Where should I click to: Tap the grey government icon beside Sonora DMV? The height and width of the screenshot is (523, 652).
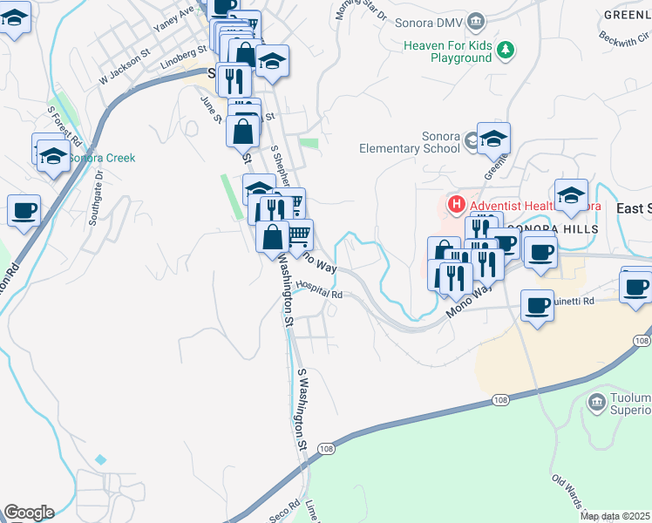click(476, 20)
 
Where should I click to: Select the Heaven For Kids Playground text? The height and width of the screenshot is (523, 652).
click(448, 51)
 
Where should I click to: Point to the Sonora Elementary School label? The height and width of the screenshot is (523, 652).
click(410, 142)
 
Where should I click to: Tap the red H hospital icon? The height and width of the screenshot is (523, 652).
click(454, 206)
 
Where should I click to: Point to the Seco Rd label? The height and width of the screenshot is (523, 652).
click(284, 511)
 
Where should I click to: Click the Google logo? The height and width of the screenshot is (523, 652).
click(28, 513)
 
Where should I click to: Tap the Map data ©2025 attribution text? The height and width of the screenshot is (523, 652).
click(615, 516)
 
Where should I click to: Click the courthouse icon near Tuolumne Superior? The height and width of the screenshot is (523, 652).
click(597, 402)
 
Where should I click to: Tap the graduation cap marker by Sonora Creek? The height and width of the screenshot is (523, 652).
click(53, 156)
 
